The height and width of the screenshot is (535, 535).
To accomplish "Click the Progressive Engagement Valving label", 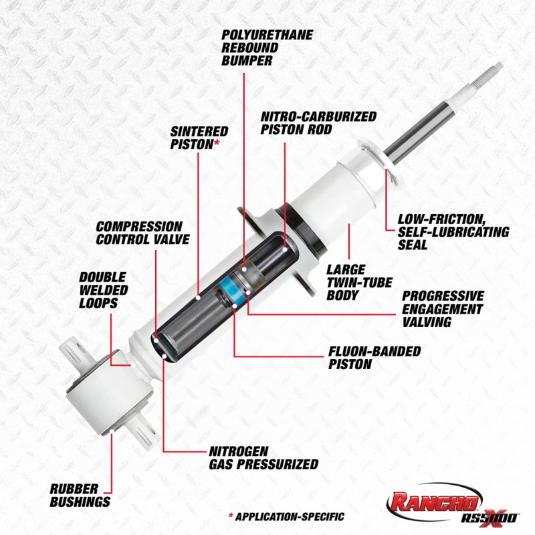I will [x=442, y=308].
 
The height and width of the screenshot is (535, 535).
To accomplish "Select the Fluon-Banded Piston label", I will [x=374, y=358].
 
